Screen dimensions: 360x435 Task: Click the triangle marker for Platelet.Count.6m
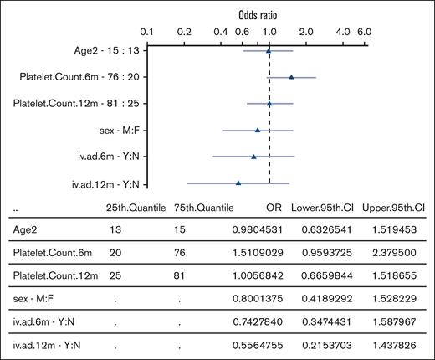(291, 77)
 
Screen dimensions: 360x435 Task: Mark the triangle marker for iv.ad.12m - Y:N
(238, 183)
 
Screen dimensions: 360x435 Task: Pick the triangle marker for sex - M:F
(258, 130)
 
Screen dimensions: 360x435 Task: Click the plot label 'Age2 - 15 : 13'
(105, 50)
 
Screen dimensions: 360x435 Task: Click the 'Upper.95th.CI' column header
(393, 208)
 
